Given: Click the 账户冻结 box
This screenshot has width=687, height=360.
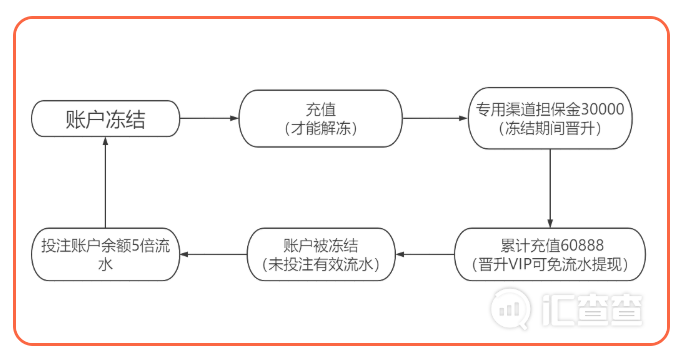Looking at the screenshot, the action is click(x=106, y=119).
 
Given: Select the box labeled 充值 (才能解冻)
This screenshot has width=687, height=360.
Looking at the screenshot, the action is click(x=321, y=119).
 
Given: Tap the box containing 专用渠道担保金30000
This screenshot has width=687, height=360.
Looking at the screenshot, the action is click(x=550, y=118).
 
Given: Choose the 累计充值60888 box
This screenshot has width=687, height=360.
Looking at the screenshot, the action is click(x=550, y=254).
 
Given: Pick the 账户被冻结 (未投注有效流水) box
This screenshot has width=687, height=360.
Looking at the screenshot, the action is click(x=321, y=254).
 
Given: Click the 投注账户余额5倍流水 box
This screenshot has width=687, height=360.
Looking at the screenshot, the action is click(x=106, y=254).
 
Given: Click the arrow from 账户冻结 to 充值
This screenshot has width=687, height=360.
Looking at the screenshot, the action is click(x=209, y=118).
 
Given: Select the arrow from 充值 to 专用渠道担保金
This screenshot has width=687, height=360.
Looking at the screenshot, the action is click(x=435, y=118).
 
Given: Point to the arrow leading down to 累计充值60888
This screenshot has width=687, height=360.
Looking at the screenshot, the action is click(x=550, y=188).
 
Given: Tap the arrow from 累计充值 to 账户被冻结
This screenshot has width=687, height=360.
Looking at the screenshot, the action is click(x=425, y=254).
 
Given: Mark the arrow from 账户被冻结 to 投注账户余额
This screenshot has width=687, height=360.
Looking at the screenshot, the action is click(x=213, y=254).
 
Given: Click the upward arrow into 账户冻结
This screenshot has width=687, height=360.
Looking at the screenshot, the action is click(x=106, y=182).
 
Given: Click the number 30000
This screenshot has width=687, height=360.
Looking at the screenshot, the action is click(x=603, y=109).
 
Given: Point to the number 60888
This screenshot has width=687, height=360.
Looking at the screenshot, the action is click(x=582, y=245).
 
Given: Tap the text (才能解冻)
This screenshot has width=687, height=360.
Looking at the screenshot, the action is click(x=321, y=128).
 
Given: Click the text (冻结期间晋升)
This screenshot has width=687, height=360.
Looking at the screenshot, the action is click(x=550, y=128).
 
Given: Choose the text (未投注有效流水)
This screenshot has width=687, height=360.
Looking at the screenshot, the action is click(x=321, y=265).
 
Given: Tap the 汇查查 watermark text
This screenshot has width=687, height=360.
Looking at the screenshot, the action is click(x=592, y=310).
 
